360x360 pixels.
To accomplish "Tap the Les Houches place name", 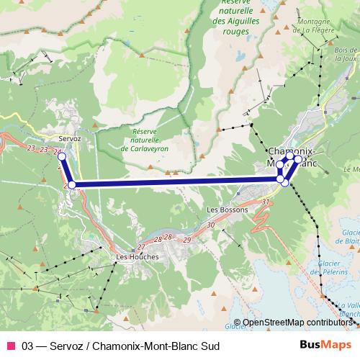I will point(136,256).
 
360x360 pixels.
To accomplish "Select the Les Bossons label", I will point(227,210).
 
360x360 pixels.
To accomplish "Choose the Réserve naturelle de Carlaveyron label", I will point(150,140).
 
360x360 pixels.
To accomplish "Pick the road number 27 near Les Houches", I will point(141,247).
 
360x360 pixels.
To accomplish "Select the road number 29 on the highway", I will point(187,238).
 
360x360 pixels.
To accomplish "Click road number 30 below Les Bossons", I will point(210,225).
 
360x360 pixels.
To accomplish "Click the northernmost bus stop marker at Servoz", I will point(61,156).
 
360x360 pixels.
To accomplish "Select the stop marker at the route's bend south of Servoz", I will point(71,185).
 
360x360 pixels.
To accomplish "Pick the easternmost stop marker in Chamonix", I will point(298,158).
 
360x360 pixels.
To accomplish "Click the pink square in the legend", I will point(10,345).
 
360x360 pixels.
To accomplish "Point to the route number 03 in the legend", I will point(28,345).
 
